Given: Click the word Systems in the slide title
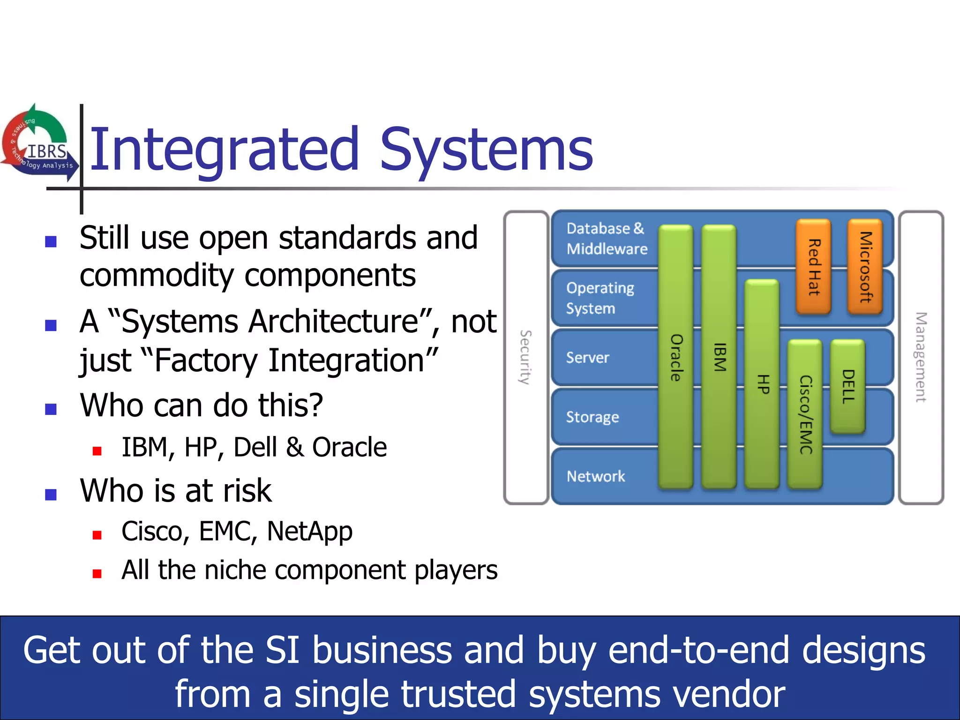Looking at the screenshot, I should [x=486, y=150].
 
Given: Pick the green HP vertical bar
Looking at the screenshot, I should [x=762, y=384].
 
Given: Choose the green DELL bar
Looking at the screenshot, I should [x=847, y=386].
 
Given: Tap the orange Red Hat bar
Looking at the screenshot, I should [x=813, y=267].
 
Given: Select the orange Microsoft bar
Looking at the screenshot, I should [x=865, y=267].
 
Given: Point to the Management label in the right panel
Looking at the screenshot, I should [x=921, y=357].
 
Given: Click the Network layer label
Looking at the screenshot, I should [x=596, y=476].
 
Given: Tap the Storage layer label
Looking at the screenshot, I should [x=592, y=417].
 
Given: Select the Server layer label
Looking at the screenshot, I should [x=588, y=358].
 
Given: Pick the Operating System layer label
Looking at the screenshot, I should [x=600, y=298].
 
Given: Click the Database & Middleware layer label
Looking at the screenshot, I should [x=607, y=239].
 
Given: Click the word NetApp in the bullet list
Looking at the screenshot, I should [x=309, y=532].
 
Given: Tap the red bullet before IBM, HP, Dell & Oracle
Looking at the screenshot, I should [x=97, y=451].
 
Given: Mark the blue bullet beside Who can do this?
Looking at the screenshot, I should [x=51, y=409].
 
